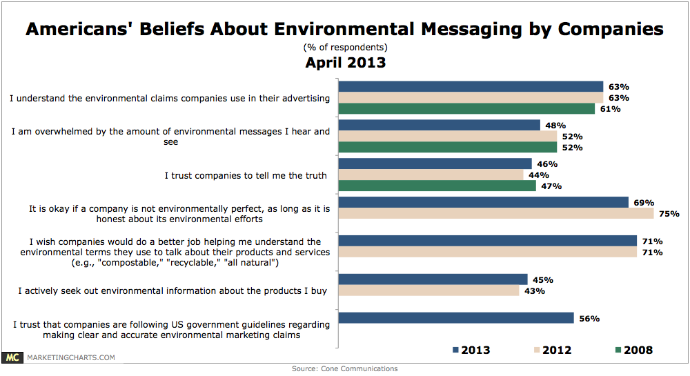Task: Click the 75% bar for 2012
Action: pos(497,213)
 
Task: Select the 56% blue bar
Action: pos(457,318)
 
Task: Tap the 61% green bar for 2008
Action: pos(467,109)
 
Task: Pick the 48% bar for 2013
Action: pos(440,125)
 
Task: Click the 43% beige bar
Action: pos(429,290)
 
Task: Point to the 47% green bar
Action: pos(437,186)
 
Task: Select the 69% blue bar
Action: pos(484,202)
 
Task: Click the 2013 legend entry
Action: pos(471,350)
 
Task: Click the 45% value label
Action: pos(543,279)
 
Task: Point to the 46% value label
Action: pos(547,164)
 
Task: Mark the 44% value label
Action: pos(539,175)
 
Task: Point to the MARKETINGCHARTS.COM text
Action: pos(71,357)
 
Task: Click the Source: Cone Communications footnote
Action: pos(344,368)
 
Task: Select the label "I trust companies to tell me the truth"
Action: pos(246,175)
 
